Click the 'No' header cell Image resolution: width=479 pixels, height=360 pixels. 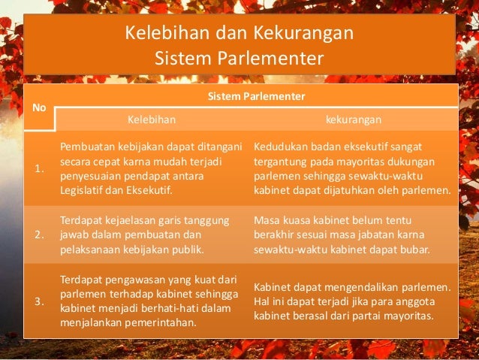click(39, 107)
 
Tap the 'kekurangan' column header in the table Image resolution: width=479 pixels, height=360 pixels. click(354, 119)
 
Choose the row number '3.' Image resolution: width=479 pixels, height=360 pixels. click(39, 301)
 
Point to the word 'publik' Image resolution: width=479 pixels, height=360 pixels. click(187, 249)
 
